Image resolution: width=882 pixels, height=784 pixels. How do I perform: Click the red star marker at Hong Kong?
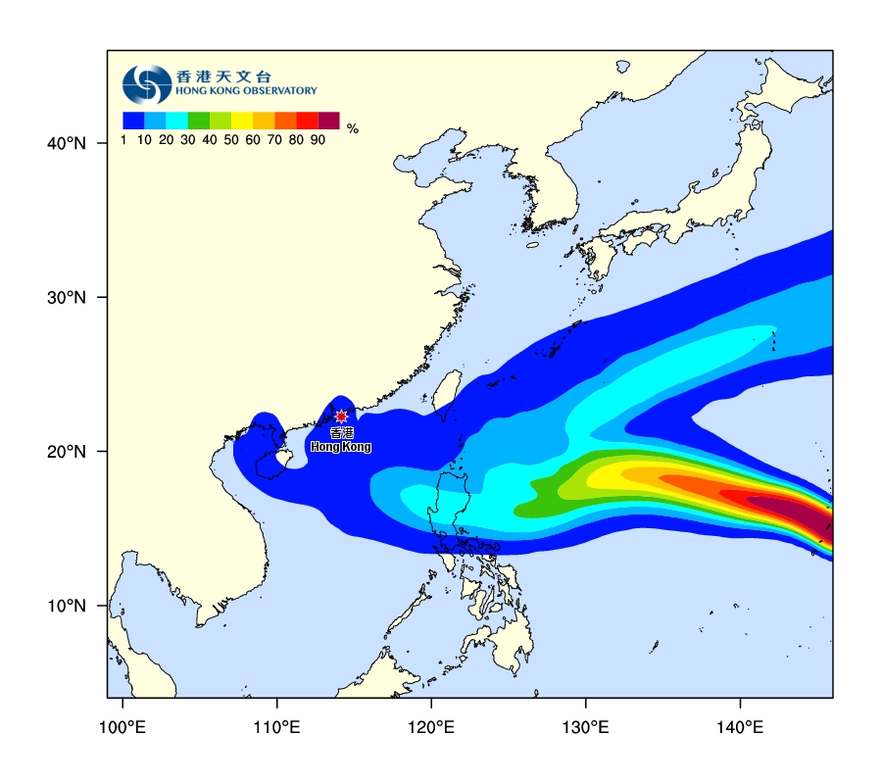point(341,416)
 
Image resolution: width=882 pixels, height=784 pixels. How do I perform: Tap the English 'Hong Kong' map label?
point(341,447)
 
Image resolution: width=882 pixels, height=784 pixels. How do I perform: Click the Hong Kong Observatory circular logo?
point(146,84)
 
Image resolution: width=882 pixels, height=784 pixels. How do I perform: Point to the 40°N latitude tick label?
point(67,144)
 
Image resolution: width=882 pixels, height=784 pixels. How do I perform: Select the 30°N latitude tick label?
point(67,298)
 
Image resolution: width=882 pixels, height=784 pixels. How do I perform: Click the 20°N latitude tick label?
point(67,452)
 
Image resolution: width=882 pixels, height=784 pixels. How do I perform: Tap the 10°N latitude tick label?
point(67,606)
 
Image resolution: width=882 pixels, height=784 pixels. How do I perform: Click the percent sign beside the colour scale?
point(353,128)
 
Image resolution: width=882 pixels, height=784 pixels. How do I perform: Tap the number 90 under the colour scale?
point(318,140)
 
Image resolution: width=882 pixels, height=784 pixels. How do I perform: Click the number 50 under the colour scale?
point(231,140)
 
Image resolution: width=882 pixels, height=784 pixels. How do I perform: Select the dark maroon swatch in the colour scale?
point(328,121)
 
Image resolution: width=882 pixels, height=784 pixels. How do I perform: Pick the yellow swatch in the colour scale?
point(242,121)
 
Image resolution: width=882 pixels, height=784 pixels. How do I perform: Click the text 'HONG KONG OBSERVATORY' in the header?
point(246,90)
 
